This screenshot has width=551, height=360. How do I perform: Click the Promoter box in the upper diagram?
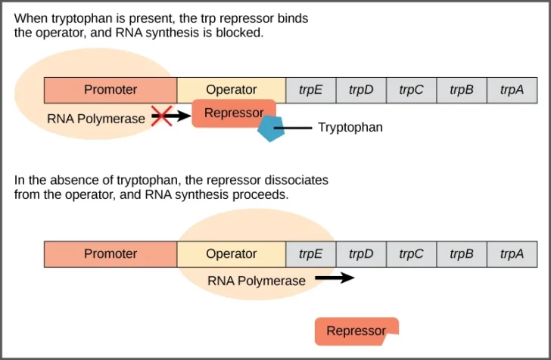[111, 90]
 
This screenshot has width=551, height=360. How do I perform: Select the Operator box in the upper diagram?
[231, 90]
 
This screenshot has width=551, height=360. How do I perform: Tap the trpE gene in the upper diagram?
[310, 90]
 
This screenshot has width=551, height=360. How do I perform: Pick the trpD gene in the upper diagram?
[361, 90]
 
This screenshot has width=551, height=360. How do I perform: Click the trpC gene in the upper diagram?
[411, 90]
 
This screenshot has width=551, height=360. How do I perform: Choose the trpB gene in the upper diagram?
[462, 90]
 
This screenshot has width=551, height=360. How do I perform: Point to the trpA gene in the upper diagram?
[512, 90]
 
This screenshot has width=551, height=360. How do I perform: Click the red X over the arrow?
[161, 116]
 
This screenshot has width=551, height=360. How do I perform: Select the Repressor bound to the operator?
[232, 113]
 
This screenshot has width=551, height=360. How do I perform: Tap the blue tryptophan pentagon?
[270, 129]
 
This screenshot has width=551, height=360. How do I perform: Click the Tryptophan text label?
[350, 128]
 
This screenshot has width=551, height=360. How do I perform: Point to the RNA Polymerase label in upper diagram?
[95, 119]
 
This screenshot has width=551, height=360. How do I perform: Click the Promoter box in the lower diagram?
[111, 254]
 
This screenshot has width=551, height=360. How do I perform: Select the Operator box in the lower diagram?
[231, 254]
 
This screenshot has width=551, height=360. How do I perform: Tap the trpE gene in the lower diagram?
[310, 254]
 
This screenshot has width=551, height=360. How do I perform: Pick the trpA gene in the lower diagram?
[512, 254]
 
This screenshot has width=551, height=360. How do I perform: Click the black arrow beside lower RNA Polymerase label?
[334, 278]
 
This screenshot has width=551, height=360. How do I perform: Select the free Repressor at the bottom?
[356, 331]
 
